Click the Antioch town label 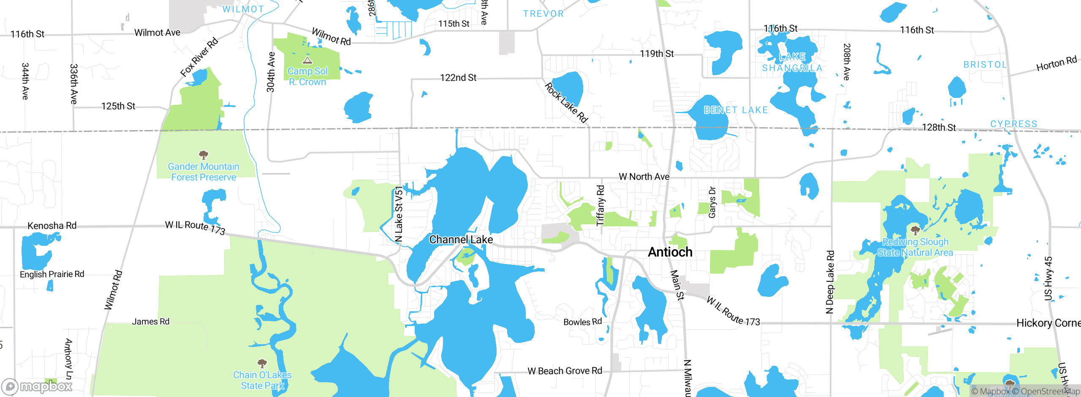pos(670,252)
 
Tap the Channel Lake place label pos(461,239)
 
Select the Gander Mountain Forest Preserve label pos(204,172)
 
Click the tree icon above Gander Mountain pos(204,155)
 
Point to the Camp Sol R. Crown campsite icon pos(307,60)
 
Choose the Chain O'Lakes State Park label pos(262,380)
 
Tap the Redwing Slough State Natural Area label pos(915,247)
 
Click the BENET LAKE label pos(736,110)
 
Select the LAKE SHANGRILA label pos(792,62)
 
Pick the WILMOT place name pos(243,9)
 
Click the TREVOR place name pos(543,14)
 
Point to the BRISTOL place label pos(985,65)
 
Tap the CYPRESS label pos(1013,124)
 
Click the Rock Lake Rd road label pos(566,103)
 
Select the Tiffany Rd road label pos(600,205)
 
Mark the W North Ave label pos(644,177)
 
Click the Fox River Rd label pos(199,57)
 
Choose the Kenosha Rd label pos(52,226)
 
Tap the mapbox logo pos(37,386)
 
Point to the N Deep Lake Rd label pos(830,282)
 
